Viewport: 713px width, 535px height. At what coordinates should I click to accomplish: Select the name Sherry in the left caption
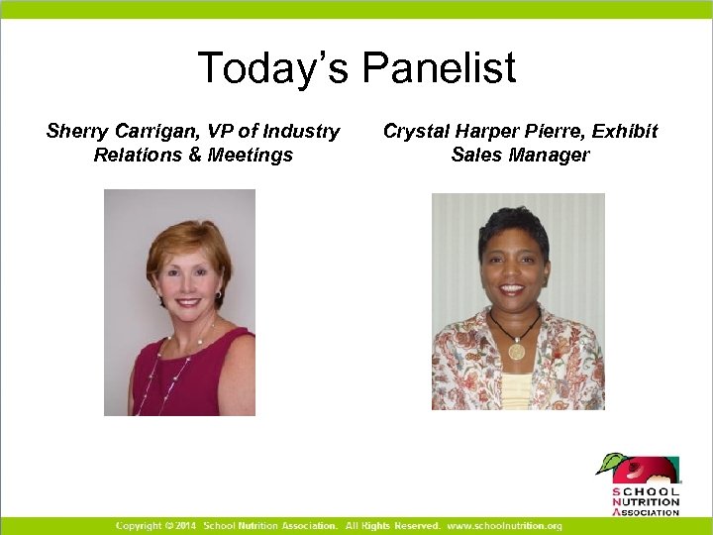click(x=75, y=131)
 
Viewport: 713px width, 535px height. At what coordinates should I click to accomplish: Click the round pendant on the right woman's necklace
click(x=516, y=350)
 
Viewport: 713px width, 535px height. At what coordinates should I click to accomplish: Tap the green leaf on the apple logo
click(x=612, y=462)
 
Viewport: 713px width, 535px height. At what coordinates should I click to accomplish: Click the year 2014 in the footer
click(x=186, y=525)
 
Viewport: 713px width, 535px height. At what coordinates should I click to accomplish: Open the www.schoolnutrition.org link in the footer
click(x=504, y=525)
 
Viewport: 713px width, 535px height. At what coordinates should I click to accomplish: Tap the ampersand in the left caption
click(x=193, y=155)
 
